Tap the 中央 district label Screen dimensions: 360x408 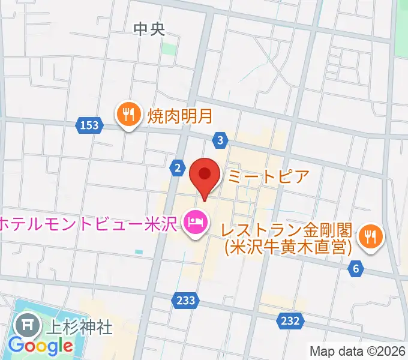[x=149, y=29]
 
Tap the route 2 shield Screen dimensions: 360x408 [x=177, y=169]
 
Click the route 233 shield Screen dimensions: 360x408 [x=186, y=300]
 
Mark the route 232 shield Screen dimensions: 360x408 [x=289, y=321]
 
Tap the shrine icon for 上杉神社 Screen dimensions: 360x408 [x=27, y=326]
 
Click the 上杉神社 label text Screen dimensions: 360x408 [x=79, y=327]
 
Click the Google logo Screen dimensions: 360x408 [x=41, y=346]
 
